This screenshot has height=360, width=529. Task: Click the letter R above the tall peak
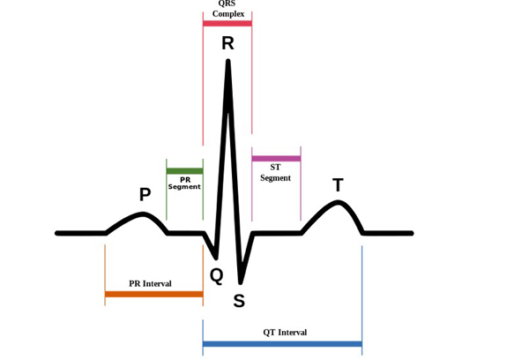pos(227,43)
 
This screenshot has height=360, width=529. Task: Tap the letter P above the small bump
pos(145,194)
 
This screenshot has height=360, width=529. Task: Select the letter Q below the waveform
pos(217,276)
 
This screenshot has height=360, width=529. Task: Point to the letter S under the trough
pos(239,301)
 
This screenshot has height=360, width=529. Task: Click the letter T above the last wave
pos(338,184)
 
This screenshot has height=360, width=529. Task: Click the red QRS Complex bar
pos(227,23)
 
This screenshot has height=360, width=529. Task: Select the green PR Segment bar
pos(184,171)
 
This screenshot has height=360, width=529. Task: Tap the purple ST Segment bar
pos(276,159)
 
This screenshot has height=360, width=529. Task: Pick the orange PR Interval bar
pos(153,294)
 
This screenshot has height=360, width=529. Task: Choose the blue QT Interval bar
pos(282,344)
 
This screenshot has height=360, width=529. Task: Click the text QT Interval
pos(285,333)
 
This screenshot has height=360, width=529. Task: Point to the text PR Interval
pos(150,283)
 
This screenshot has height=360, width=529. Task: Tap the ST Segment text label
pos(275,173)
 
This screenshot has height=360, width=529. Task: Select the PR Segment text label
pos(184,183)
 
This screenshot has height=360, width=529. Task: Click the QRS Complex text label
pos(228,9)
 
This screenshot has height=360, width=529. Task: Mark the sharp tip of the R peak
pos(228,61)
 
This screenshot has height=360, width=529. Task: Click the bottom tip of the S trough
pos(240,282)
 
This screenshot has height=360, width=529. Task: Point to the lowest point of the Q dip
pos(216,258)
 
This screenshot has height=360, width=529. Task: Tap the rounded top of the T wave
pos(338,202)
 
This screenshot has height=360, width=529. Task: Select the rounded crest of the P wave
pos(143,214)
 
